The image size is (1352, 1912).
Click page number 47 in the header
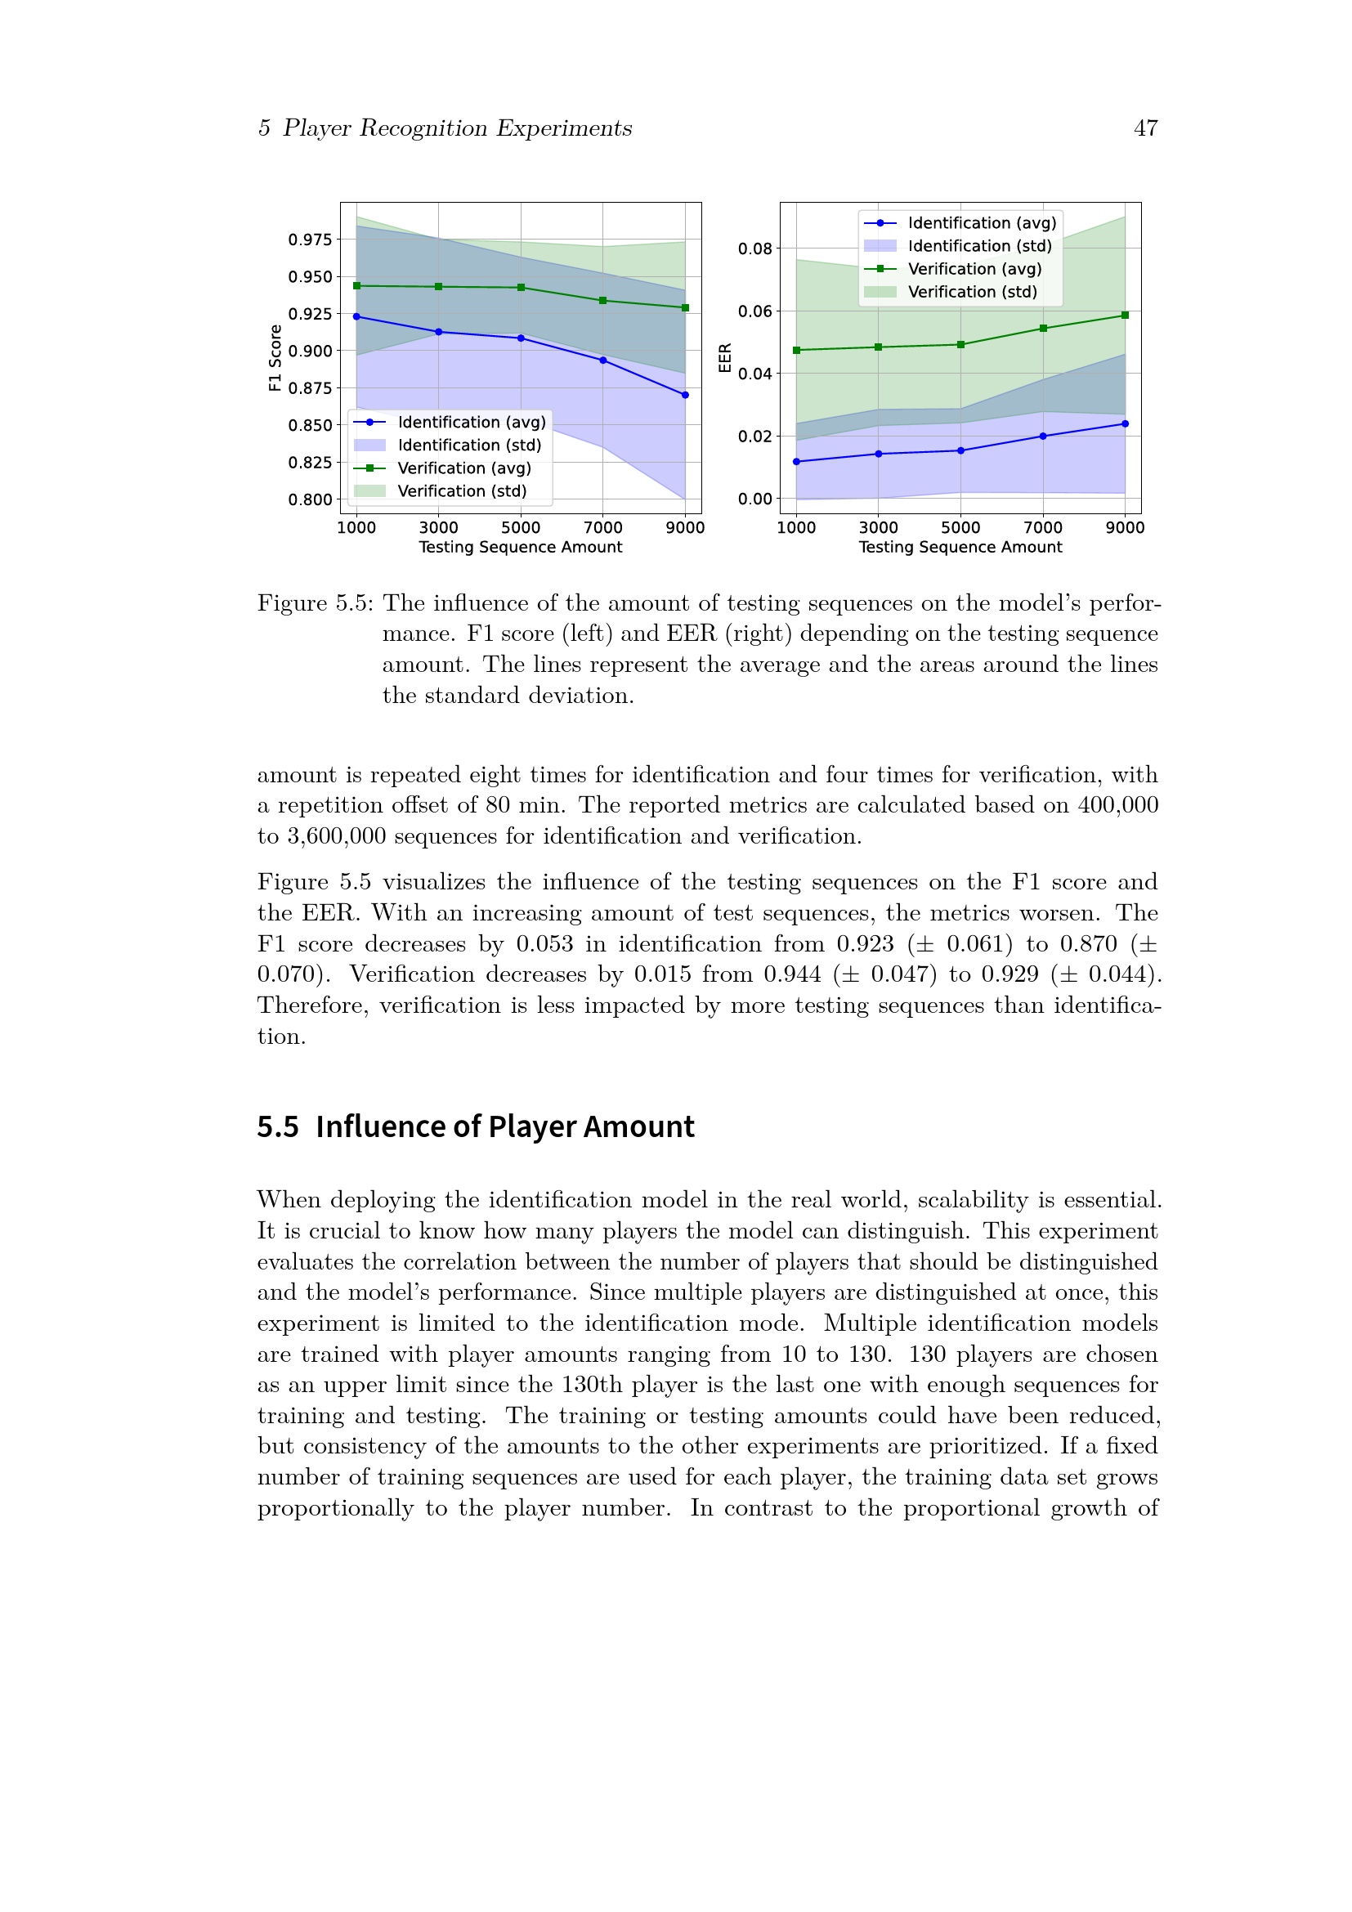[x=1145, y=128]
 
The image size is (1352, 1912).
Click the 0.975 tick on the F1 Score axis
[x=310, y=240]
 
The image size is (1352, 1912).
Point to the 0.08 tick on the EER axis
[x=754, y=249]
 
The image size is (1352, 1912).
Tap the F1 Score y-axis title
[x=275, y=358]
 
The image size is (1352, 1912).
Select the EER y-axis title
[x=725, y=358]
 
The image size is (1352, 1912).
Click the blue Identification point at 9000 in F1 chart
[x=685, y=396]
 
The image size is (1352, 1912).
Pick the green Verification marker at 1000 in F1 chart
[x=357, y=285]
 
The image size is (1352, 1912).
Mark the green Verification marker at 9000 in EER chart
[x=1125, y=316]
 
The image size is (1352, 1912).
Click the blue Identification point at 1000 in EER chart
[x=797, y=461]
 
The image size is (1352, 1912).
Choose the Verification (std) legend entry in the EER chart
[x=972, y=293]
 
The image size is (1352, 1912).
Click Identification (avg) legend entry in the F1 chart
[x=471, y=422]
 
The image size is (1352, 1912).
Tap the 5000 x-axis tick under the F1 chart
[x=521, y=528]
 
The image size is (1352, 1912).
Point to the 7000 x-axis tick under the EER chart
[x=1042, y=528]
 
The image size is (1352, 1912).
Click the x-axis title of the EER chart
[x=960, y=547]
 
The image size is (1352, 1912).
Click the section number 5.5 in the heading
[x=277, y=1126]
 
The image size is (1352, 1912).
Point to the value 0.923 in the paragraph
[x=865, y=944]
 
